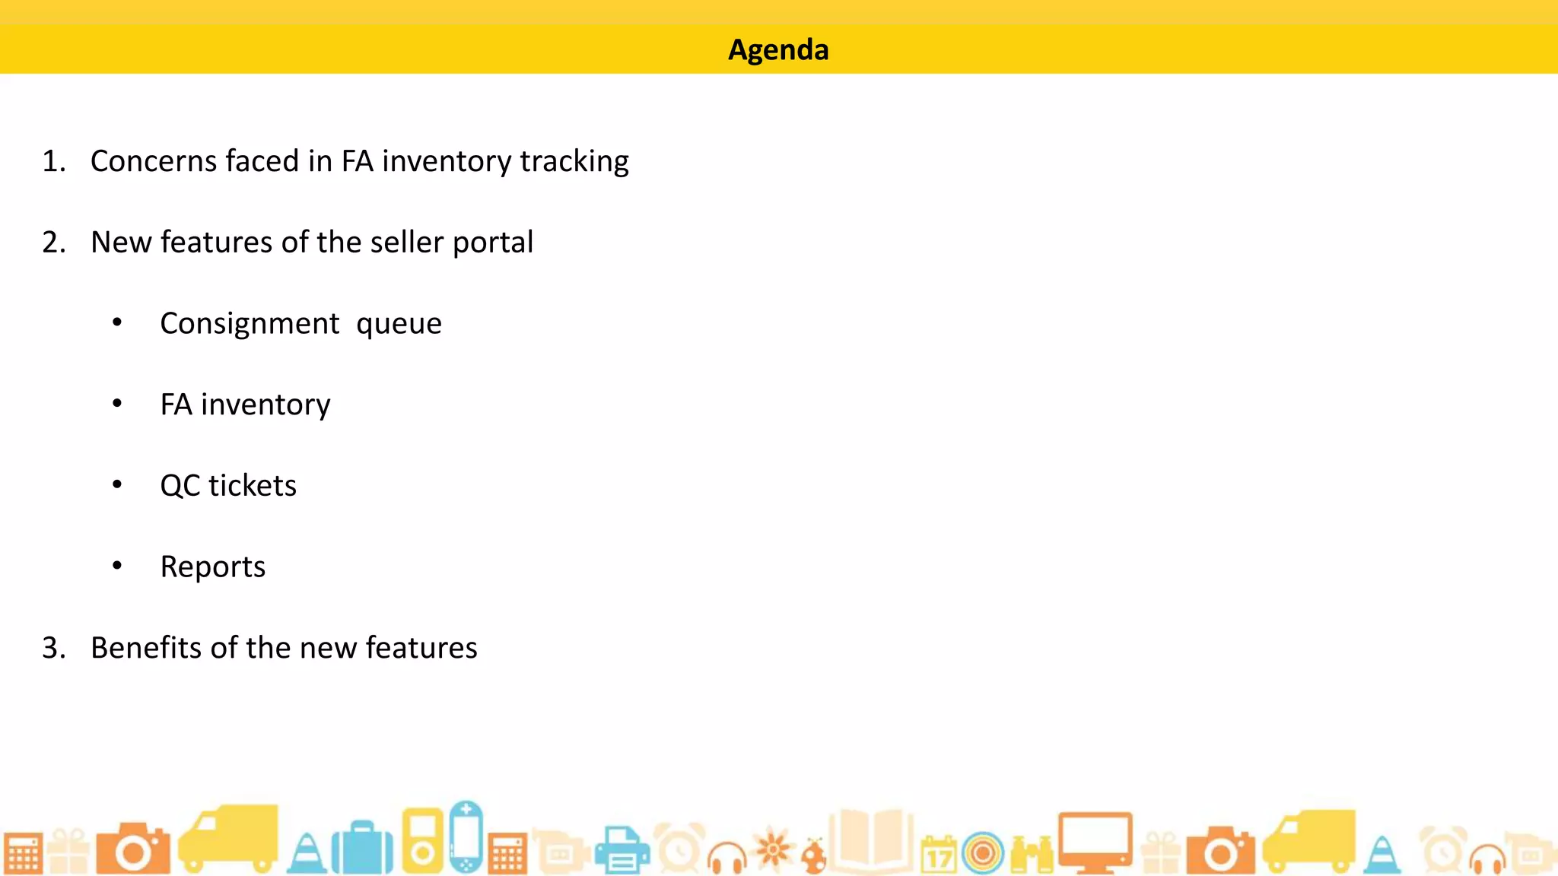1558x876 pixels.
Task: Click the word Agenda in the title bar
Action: point(778,50)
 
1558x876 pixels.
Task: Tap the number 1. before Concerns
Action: point(54,161)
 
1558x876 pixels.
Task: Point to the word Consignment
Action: point(250,324)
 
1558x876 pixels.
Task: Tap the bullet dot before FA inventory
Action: point(117,404)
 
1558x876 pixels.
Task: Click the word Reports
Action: point(213,567)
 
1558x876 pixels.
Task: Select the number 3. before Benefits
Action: point(54,648)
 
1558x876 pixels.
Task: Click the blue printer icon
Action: point(622,850)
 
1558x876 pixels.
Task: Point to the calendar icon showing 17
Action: point(939,854)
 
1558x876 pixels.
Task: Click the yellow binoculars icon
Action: point(1032,854)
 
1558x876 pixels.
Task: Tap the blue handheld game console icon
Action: point(466,836)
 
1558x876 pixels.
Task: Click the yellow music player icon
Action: point(422,839)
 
